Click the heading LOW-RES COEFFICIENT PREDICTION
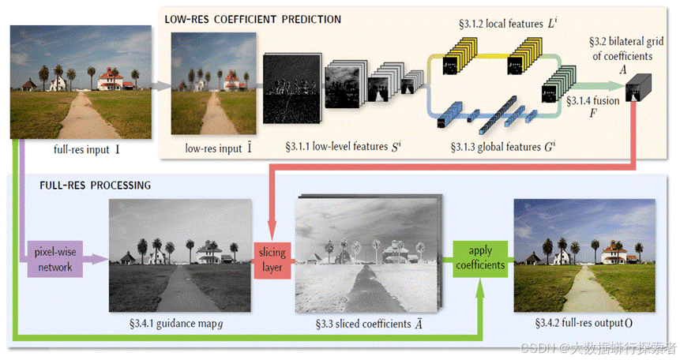253,18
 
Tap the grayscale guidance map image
179,253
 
